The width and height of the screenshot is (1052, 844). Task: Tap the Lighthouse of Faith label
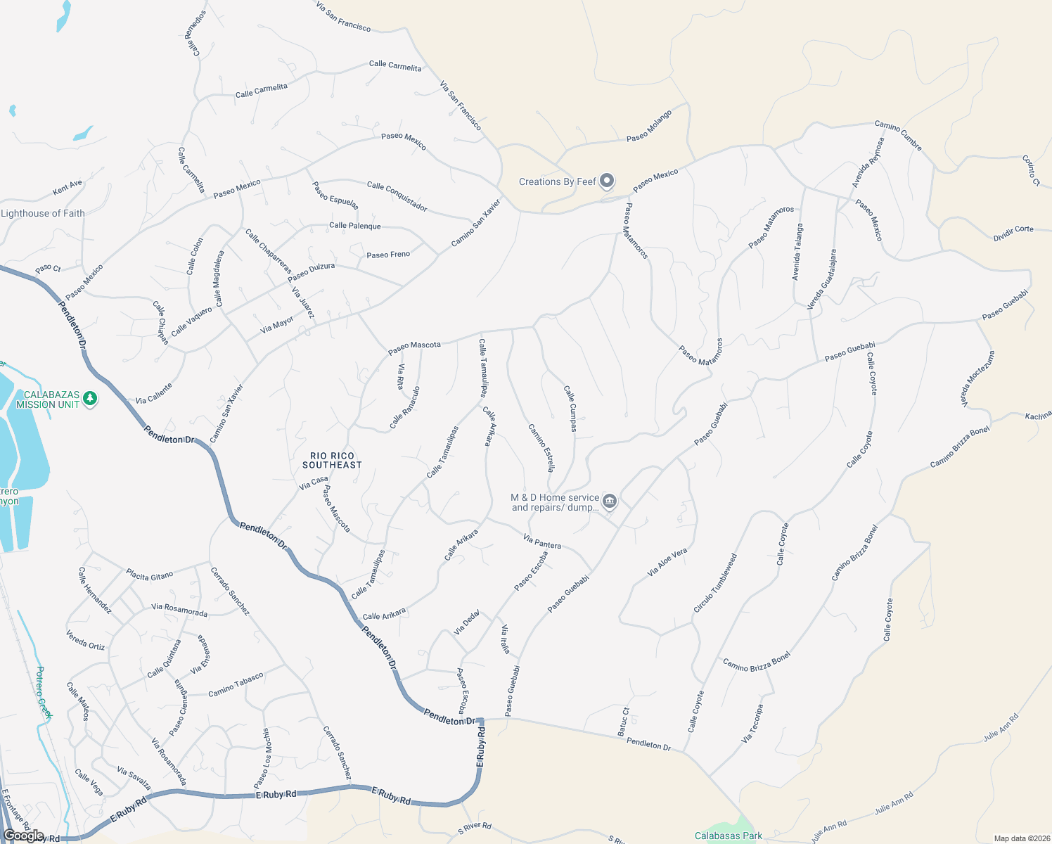pyautogui.click(x=43, y=213)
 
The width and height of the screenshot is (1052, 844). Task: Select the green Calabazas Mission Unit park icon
pyautogui.click(x=89, y=399)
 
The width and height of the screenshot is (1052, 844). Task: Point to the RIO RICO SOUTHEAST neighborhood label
pyautogui.click(x=332, y=460)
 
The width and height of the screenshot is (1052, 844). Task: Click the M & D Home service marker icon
pyautogui.click(x=610, y=501)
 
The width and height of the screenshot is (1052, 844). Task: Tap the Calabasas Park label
pyautogui.click(x=728, y=836)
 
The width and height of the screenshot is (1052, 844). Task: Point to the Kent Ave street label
pyautogui.click(x=68, y=188)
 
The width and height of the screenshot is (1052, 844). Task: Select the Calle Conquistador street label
pyautogui.click(x=397, y=196)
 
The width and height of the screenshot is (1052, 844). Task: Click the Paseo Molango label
pyautogui.click(x=648, y=126)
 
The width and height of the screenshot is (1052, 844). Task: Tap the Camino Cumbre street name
pyautogui.click(x=898, y=135)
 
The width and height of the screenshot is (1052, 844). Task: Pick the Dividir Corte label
pyautogui.click(x=1013, y=234)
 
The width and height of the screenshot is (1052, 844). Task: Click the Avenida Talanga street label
pyautogui.click(x=797, y=252)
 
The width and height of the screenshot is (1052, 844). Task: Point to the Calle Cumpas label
pyautogui.click(x=571, y=408)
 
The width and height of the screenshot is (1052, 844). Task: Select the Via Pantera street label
pyautogui.click(x=542, y=542)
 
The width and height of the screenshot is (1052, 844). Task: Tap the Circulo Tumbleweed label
pyautogui.click(x=715, y=582)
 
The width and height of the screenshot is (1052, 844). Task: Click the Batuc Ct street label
pyautogui.click(x=624, y=722)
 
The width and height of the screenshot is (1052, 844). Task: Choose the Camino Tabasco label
pyautogui.click(x=236, y=684)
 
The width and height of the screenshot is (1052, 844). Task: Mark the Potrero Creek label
pyautogui.click(x=44, y=692)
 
